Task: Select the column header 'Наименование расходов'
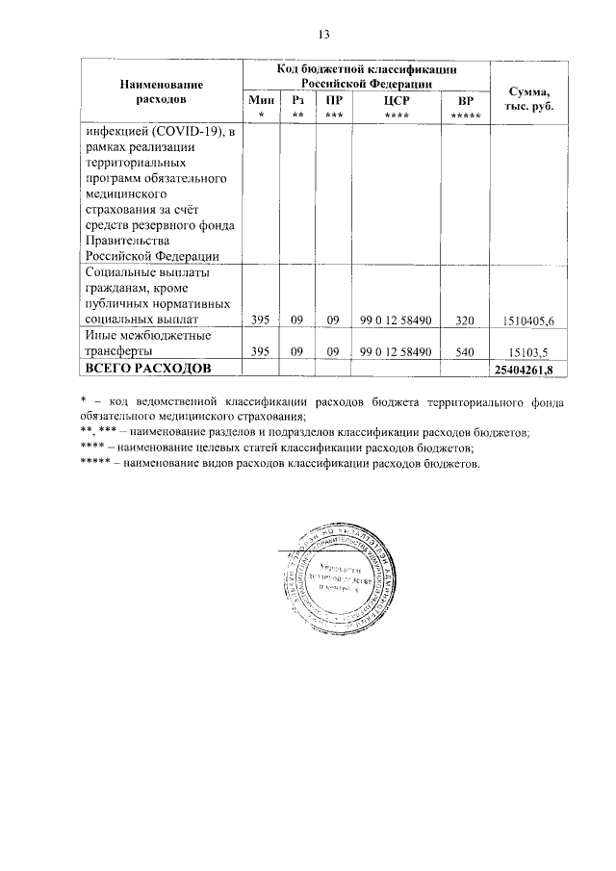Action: pos(160,91)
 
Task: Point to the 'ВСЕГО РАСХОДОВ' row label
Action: pos(140,369)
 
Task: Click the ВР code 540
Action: pos(466,352)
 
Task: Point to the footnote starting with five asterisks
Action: pos(279,463)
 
